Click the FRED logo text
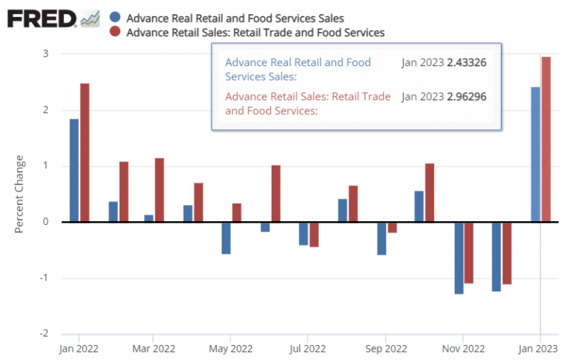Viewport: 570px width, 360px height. click(42, 19)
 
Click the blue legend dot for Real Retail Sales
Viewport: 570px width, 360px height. click(114, 17)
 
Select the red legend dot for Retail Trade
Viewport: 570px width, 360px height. click(114, 32)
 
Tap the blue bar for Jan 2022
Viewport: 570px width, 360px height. click(74, 170)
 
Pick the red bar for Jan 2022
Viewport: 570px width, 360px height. click(85, 152)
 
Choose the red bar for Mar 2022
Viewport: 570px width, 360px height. click(159, 189)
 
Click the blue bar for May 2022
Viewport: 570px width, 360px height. click(226, 238)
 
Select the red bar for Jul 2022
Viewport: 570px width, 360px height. click(314, 234)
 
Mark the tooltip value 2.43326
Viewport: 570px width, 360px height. click(466, 63)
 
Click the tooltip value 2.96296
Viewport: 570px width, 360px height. click(466, 96)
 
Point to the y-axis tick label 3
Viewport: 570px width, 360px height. click(45, 54)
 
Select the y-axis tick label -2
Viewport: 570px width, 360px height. click(44, 334)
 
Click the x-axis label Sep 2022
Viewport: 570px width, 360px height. click(386, 347)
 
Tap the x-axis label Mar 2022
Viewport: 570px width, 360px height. click(154, 347)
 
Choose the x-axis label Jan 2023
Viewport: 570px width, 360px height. click(540, 347)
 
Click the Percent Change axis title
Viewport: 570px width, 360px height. click(20, 194)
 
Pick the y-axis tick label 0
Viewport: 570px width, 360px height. click(45, 222)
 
